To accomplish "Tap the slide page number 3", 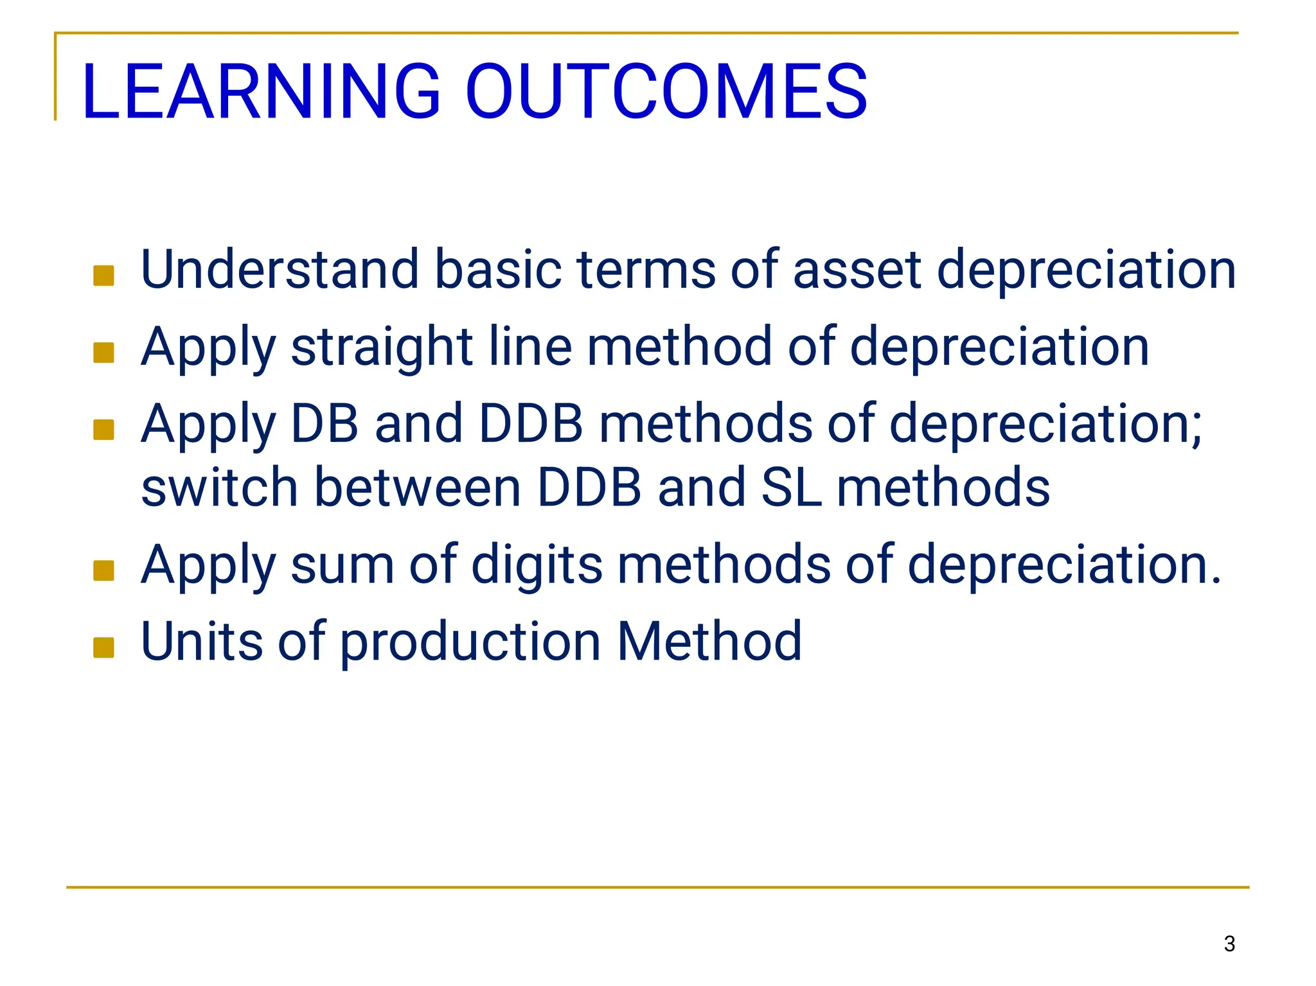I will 1229,944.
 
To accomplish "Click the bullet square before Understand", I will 103,276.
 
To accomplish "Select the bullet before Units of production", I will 103,647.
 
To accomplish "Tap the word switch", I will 219,488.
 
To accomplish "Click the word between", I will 417,488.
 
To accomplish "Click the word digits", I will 537,565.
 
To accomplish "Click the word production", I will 470,642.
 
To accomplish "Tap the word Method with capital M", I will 709,642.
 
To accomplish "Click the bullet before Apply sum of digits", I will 103,570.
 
